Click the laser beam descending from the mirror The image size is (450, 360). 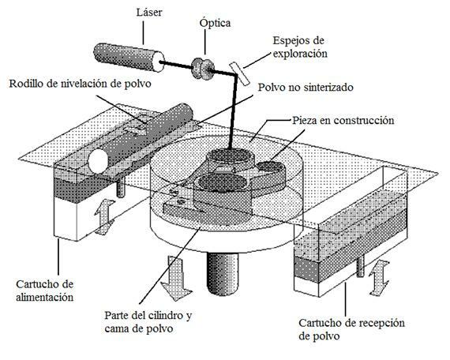coord(231,118)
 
